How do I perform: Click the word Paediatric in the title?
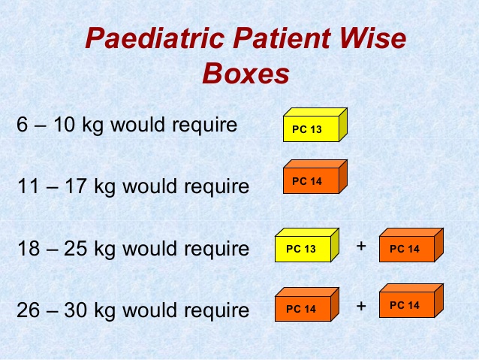(x=155, y=39)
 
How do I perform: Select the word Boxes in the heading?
(x=246, y=74)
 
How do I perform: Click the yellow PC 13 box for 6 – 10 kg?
(x=315, y=125)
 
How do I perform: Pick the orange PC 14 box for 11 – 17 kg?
(x=315, y=177)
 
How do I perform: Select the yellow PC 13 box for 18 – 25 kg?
(x=307, y=245)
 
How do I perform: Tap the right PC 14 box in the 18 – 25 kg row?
(x=411, y=245)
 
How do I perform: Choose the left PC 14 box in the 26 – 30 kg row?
(x=307, y=304)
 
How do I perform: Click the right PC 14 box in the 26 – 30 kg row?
(x=411, y=301)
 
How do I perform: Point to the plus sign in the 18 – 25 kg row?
(x=361, y=246)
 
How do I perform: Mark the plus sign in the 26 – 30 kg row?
(x=361, y=306)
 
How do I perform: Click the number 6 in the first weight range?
(x=22, y=125)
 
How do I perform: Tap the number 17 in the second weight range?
(x=76, y=186)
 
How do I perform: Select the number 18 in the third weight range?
(x=29, y=248)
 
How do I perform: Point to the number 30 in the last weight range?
(x=76, y=310)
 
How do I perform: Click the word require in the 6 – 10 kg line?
(x=205, y=125)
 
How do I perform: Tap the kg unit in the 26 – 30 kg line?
(x=105, y=310)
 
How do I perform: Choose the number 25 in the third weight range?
(x=76, y=248)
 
